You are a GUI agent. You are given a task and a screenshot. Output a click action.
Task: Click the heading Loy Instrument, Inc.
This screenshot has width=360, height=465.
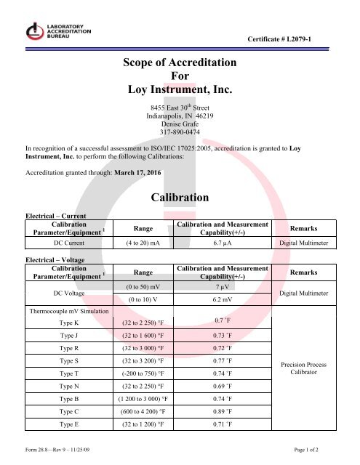coord(178,90)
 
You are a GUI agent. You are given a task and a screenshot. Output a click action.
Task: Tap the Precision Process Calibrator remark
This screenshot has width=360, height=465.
coord(319,366)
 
